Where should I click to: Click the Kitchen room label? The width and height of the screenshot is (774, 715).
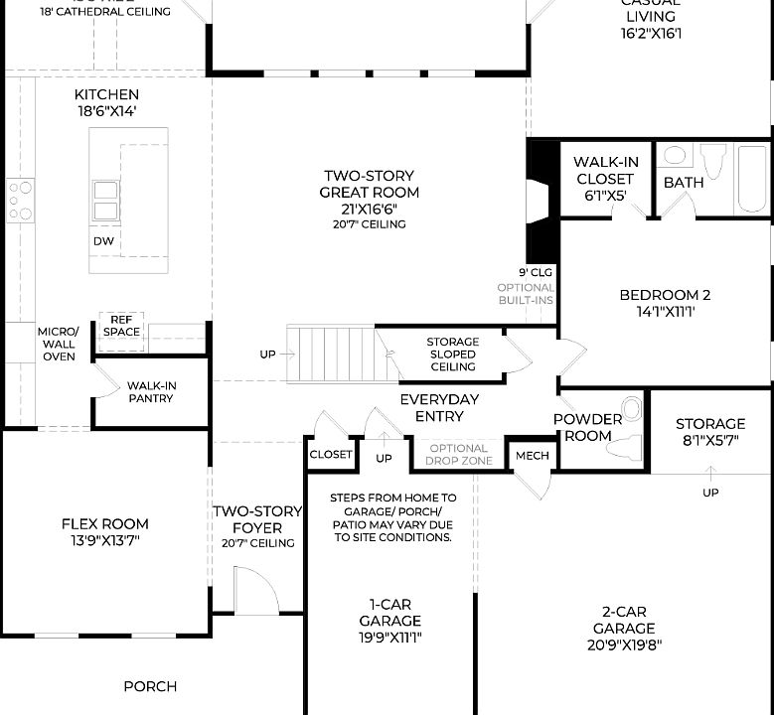tap(106, 95)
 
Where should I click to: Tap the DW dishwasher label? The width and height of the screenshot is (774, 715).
tap(104, 241)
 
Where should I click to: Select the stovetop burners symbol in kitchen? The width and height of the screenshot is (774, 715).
tap(20, 201)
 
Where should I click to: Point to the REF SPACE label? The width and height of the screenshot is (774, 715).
tap(121, 326)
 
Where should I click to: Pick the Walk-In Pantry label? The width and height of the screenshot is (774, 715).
tap(150, 392)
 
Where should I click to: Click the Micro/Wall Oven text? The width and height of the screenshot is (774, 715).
tap(58, 344)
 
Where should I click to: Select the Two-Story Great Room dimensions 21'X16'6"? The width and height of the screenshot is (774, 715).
tap(369, 209)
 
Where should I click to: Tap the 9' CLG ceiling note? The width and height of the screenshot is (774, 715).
tap(535, 271)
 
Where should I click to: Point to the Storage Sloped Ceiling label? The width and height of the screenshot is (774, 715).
tap(452, 355)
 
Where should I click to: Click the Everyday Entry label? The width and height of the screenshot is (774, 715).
tap(439, 408)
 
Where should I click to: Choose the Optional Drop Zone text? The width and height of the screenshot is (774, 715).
tap(459, 455)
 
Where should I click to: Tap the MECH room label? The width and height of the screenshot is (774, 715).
tap(532, 456)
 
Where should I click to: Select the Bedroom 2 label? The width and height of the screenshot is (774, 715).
tap(665, 295)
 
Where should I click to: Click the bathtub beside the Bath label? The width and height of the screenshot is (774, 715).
tap(753, 180)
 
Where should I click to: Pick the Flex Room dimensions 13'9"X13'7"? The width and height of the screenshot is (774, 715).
tap(104, 541)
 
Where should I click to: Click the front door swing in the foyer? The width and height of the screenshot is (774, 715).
tap(254, 590)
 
